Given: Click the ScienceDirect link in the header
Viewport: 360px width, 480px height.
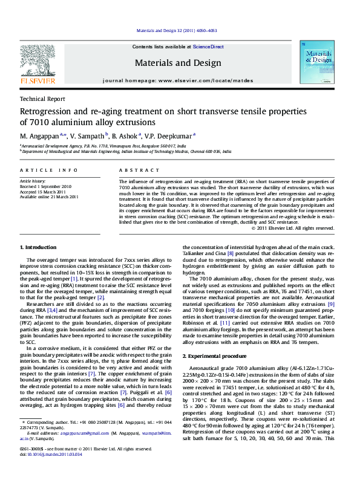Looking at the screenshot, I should pos(209,47).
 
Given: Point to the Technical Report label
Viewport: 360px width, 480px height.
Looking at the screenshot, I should pos(43,99).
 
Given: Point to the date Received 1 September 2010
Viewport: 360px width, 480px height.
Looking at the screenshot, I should pos(45,187).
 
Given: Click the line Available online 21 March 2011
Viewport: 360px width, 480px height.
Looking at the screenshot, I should pos(50,196).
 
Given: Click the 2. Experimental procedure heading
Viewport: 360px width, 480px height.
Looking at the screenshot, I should pos(214,358).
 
